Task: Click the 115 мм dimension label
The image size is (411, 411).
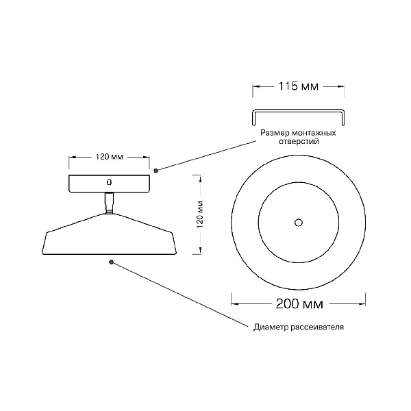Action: [298, 86]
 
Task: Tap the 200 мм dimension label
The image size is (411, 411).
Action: [299, 303]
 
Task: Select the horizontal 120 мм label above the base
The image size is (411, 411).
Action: [109, 157]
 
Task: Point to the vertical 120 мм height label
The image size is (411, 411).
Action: [200, 214]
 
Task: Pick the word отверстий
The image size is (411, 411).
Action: [299, 141]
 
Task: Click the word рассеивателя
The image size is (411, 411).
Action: [317, 327]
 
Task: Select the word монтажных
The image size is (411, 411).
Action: [314, 133]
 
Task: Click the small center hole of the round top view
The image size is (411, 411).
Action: [299, 223]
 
